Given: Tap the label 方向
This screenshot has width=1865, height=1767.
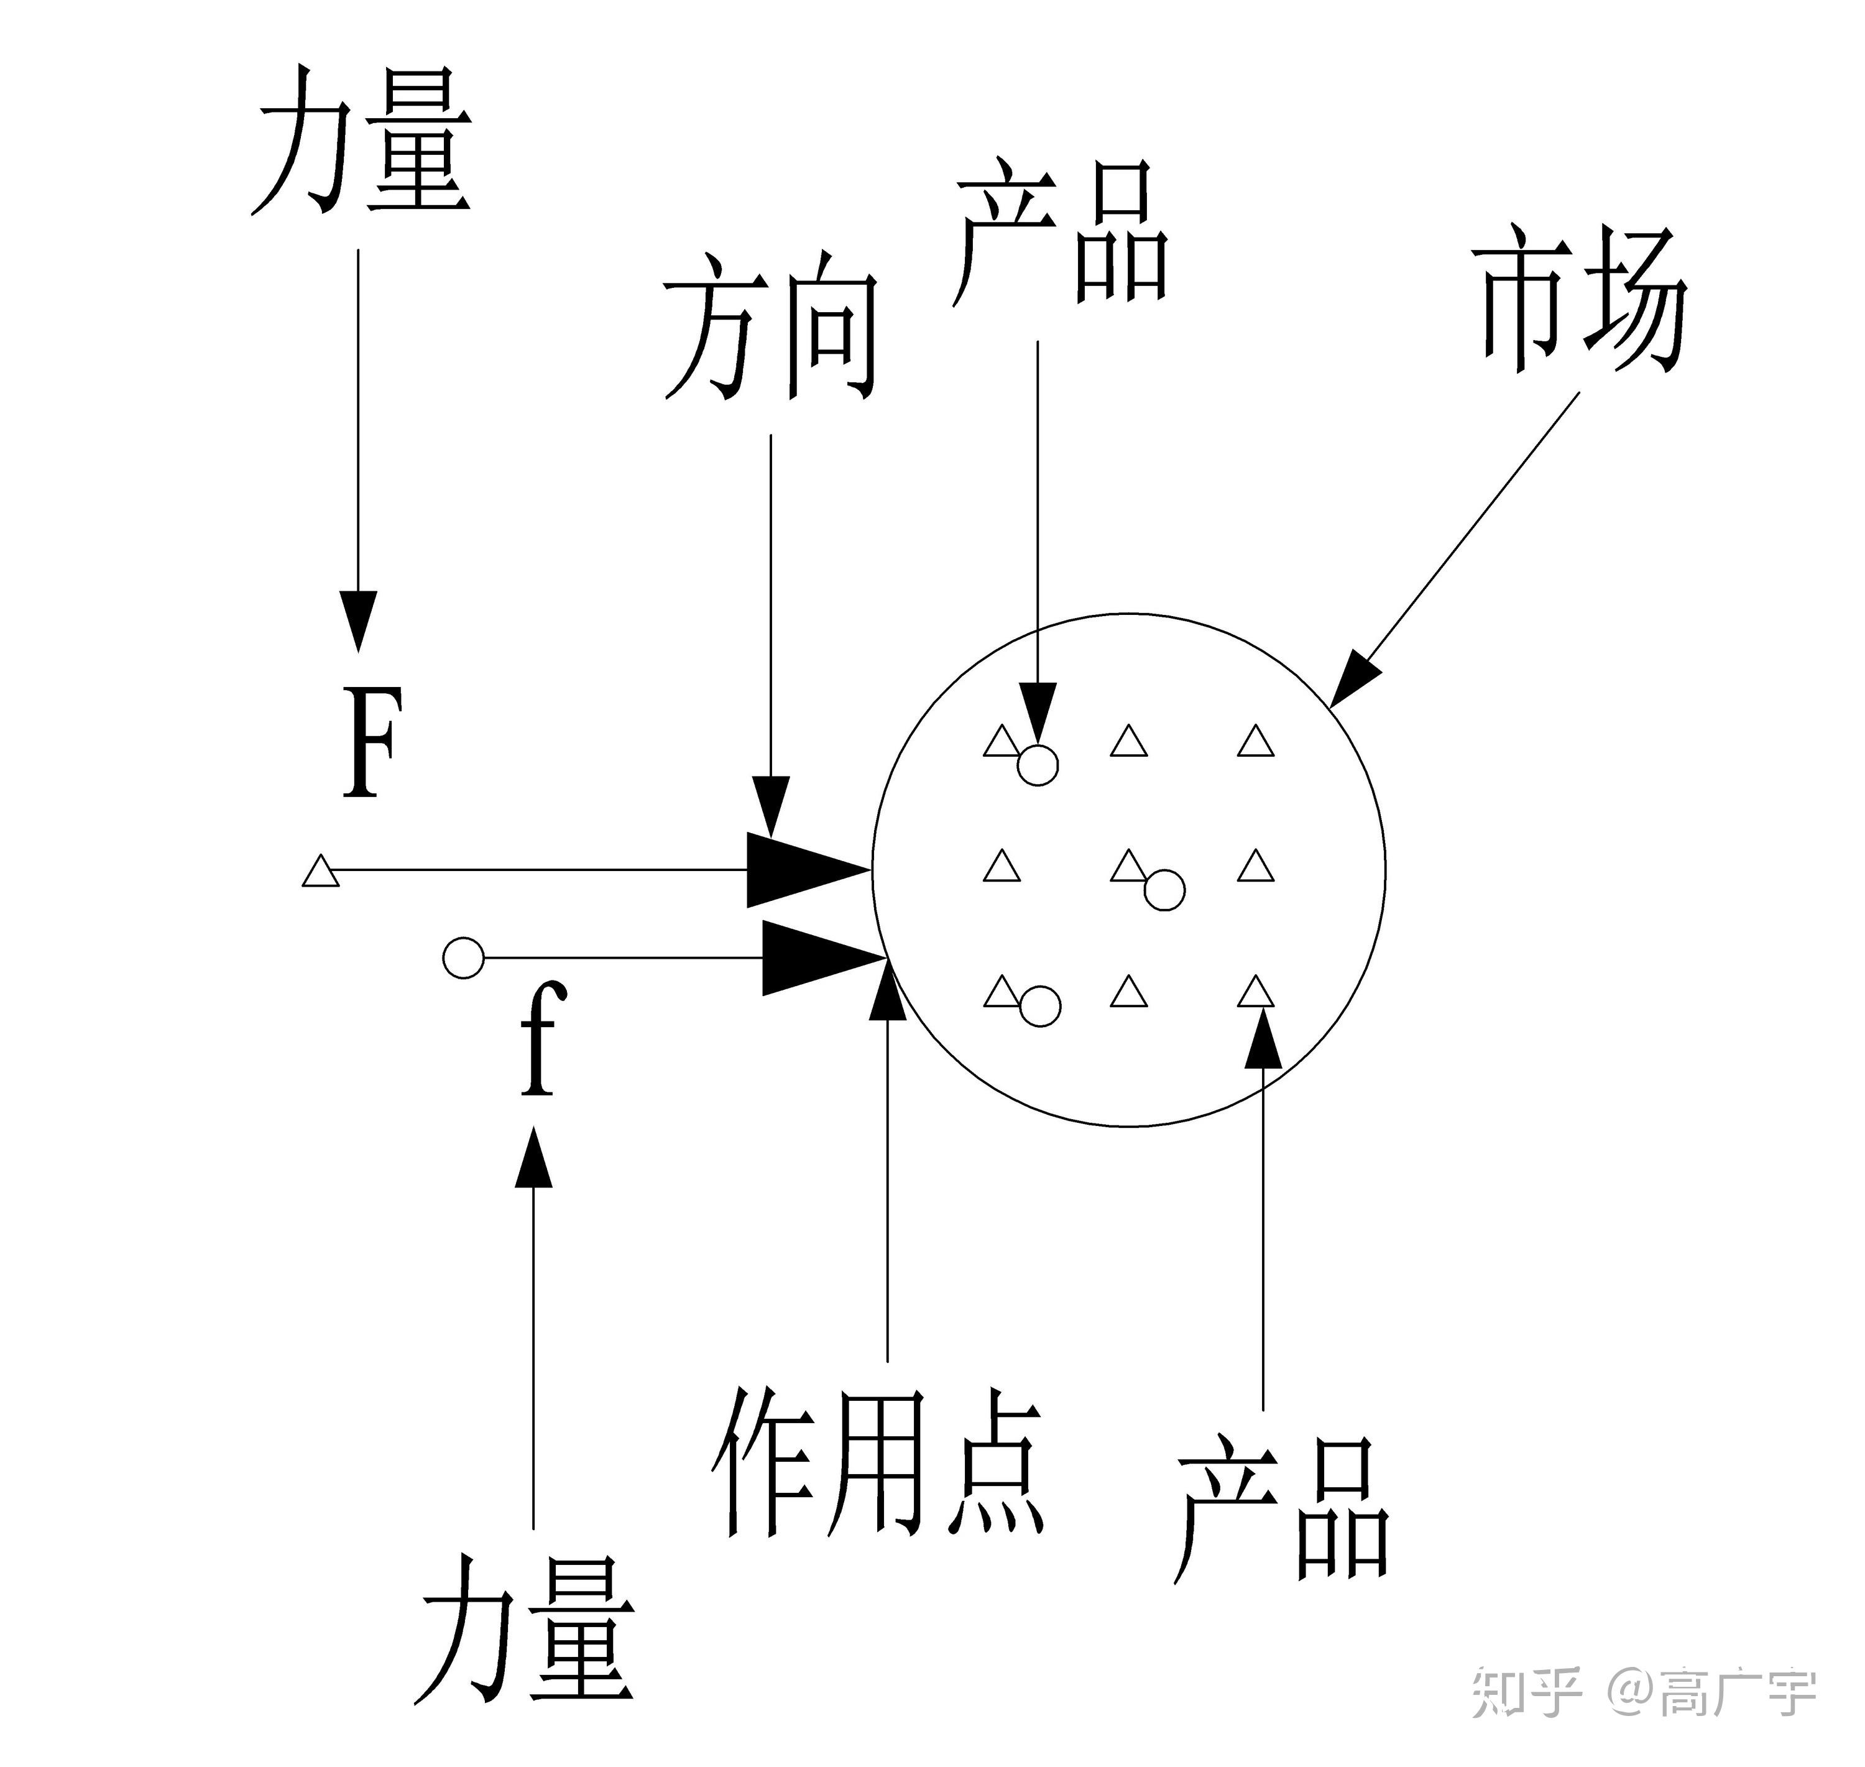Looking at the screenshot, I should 770,326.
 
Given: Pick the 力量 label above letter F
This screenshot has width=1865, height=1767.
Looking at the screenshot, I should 362,141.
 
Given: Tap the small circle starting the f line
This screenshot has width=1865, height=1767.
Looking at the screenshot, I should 463,959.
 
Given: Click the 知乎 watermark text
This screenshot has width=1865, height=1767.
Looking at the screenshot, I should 1526,1692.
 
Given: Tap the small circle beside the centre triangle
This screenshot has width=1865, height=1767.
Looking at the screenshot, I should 1164,890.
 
